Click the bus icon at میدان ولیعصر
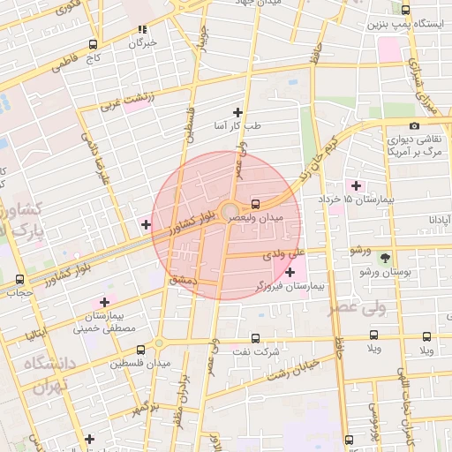tap(255, 200)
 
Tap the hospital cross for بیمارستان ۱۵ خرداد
tap(356, 185)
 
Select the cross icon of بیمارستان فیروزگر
tap(290, 272)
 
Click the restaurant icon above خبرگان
tap(143, 28)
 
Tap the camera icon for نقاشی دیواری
tap(414, 125)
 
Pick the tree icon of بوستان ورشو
tap(385, 258)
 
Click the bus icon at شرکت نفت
tap(255, 338)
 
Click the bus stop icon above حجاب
tap(20, 279)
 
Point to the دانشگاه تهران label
tap(48, 375)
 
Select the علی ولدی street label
tap(283, 254)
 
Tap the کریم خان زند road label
tap(320, 154)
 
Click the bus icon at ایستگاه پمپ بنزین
tap(405, 10)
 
